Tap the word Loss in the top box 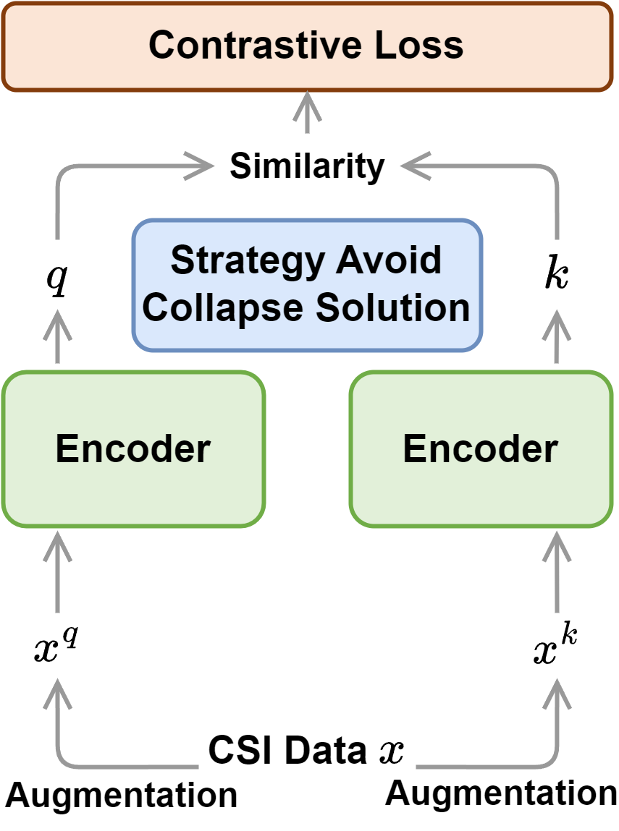pyautogui.click(x=419, y=46)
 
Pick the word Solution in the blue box pyautogui.click(x=392, y=307)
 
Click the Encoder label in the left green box pyautogui.click(x=133, y=448)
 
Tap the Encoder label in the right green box pyautogui.click(x=481, y=448)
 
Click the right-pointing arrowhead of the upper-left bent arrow pyautogui.click(x=203, y=166)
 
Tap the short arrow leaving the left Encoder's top pyautogui.click(x=57, y=336)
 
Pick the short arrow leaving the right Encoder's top pyautogui.click(x=557, y=336)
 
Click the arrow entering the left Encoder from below pyautogui.click(x=57, y=571)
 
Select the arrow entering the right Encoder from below pyautogui.click(x=557, y=571)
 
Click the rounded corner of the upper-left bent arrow pyautogui.click(x=62, y=171)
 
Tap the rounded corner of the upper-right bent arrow pyautogui.click(x=552, y=171)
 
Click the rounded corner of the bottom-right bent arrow pyautogui.click(x=552, y=761)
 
